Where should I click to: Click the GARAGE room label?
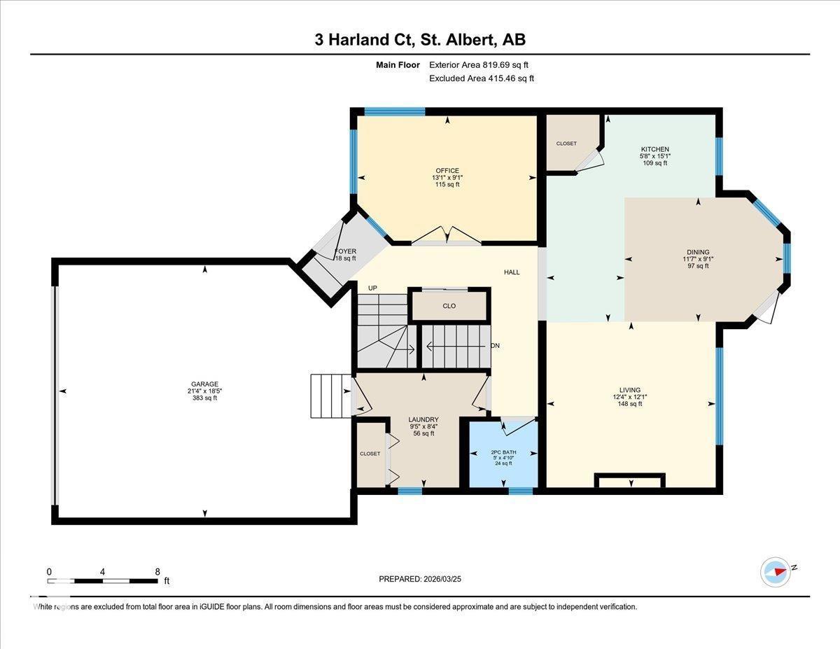coord(205,384)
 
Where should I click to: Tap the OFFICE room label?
coord(447,170)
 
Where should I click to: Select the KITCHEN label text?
coord(654,149)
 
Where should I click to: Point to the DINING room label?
coord(698,252)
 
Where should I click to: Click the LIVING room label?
coord(630,390)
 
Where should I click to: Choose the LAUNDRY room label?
coord(423,419)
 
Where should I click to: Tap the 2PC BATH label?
coord(503,452)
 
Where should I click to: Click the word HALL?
coord(512,272)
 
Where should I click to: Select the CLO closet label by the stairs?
coord(449,306)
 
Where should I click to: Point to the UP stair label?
coord(372,288)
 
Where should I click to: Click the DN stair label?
coord(495,346)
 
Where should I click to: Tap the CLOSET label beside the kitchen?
coord(566,144)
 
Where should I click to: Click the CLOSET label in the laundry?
coord(370,454)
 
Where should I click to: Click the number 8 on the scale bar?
coord(157,572)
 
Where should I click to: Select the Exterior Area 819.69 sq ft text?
coord(479,65)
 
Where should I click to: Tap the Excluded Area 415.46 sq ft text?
coord(482,78)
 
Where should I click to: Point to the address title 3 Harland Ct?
coord(365,40)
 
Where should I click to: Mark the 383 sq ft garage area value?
coord(205,398)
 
